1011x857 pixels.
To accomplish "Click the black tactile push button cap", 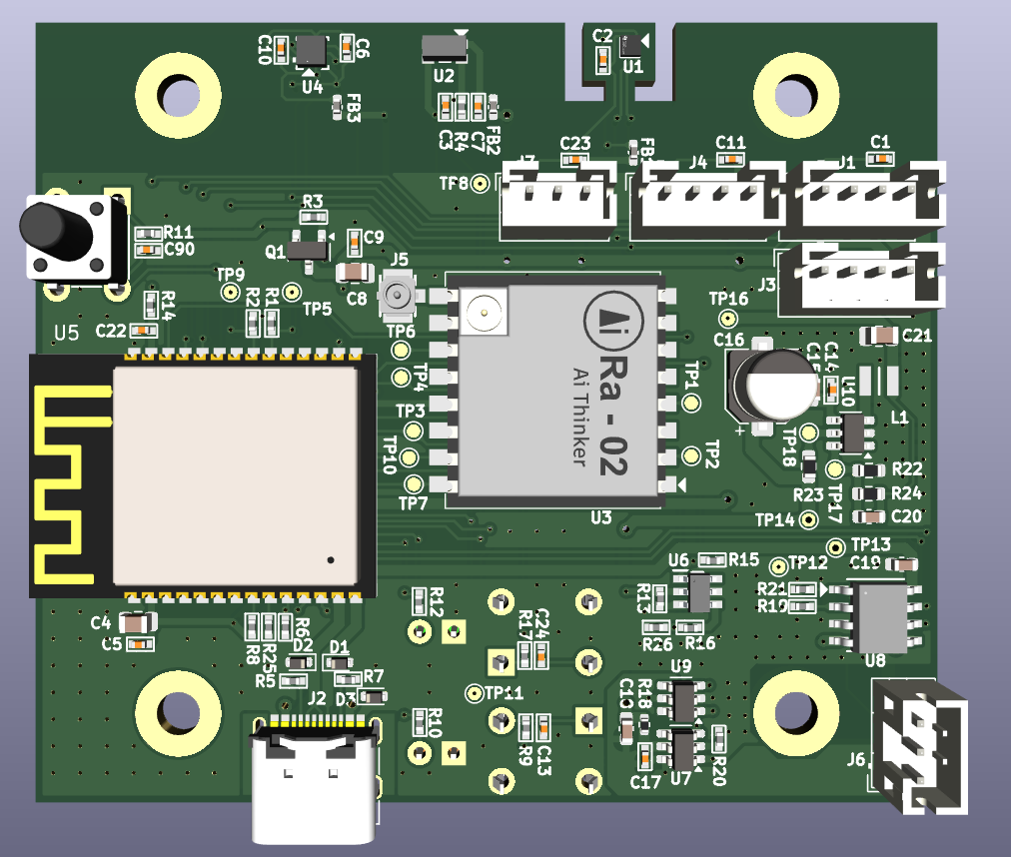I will click(53, 227).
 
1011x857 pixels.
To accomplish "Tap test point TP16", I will click(729, 319).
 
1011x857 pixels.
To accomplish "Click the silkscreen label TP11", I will click(505, 693).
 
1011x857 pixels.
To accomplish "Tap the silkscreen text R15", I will click(744, 559).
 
